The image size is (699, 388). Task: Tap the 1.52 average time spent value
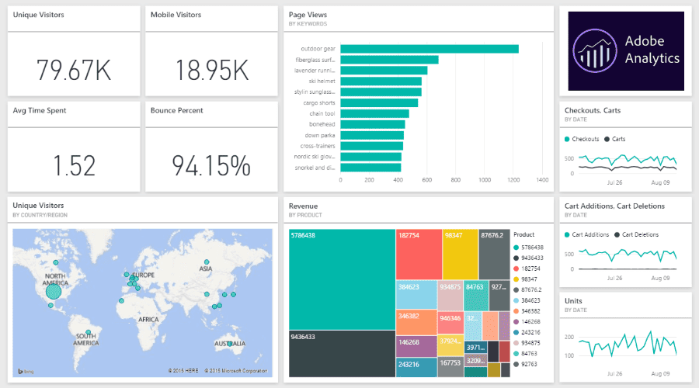[x=74, y=165]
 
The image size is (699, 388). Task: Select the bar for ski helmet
[x=381, y=81]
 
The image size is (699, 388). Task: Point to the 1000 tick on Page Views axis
[x=485, y=180]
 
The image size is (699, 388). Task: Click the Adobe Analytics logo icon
[x=595, y=51]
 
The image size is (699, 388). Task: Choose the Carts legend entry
[x=617, y=139]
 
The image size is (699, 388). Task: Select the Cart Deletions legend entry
[x=639, y=234]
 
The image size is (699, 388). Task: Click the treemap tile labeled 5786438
[x=342, y=279]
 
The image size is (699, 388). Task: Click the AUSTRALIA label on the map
[x=230, y=343]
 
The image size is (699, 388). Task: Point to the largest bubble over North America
[x=54, y=291]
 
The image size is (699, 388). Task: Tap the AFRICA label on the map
[x=148, y=319]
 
